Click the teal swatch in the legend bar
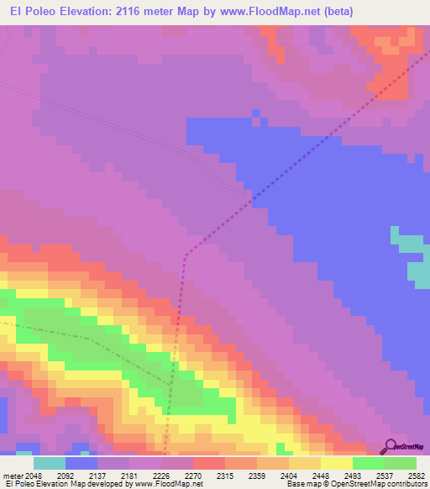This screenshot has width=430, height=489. pyautogui.click(x=49, y=463)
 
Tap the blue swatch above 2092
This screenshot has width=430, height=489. pyautogui.click(x=81, y=463)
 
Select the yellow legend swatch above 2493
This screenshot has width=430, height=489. pyautogui.click(x=336, y=463)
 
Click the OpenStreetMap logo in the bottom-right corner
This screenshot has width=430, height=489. pyautogui.click(x=403, y=447)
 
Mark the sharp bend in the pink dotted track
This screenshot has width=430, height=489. pyautogui.click(x=185, y=253)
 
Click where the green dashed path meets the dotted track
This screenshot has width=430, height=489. pyautogui.click(x=171, y=383)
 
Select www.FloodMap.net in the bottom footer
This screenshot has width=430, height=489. pyautogui.click(x=166, y=484)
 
